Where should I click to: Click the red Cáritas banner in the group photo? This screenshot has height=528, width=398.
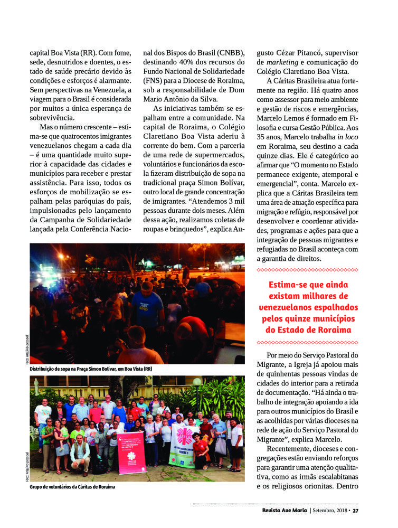130,452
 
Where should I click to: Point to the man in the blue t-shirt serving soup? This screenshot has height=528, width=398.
148,306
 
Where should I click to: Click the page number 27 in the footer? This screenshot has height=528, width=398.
356,510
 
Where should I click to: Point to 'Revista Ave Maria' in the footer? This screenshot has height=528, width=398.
285,510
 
